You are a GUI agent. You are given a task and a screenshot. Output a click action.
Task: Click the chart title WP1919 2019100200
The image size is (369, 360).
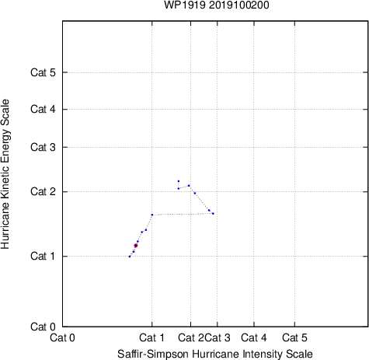217,5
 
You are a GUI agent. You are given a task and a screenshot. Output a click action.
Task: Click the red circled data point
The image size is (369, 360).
136,246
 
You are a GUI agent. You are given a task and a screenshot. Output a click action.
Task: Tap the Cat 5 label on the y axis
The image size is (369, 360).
43,72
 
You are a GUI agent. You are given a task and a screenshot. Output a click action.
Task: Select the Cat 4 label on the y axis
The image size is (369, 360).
43,109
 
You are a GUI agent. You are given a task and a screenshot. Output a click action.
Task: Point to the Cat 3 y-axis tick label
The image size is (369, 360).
43,147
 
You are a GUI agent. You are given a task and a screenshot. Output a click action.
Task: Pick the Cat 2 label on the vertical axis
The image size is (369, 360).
43,191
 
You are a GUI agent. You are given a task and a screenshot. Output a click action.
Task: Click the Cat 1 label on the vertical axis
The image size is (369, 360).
43,256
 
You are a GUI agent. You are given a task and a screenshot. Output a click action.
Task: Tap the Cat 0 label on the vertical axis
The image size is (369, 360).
43,327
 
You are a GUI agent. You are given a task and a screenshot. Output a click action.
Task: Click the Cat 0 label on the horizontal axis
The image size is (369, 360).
62,337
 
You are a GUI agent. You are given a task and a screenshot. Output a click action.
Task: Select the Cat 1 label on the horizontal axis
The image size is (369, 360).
151,337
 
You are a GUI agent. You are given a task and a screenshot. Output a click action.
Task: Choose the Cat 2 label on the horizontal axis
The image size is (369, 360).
191,337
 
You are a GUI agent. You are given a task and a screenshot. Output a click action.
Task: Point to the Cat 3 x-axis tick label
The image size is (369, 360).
218,337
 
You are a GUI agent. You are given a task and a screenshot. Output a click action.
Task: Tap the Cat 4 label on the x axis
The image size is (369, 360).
254,337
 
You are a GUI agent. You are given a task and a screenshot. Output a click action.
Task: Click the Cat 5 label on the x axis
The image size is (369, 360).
294,337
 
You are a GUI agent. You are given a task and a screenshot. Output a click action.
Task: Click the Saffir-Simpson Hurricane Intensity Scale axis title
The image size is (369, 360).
215,354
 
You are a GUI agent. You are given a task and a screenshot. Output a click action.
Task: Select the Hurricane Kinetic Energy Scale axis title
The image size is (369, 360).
5,174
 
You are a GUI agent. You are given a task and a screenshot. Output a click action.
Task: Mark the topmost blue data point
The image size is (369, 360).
179,181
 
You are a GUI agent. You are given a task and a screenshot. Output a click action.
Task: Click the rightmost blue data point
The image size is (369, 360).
213,214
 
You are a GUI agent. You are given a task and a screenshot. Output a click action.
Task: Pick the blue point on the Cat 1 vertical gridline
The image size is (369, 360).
152,215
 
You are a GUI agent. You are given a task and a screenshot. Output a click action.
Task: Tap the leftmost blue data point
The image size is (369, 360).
130,257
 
